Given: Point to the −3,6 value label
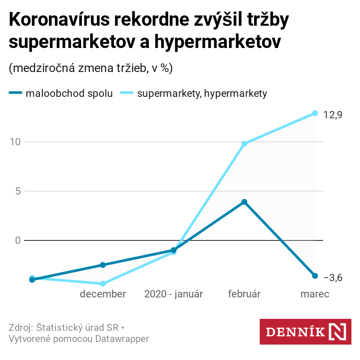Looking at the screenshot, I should click(333, 278).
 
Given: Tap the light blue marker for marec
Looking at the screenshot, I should click(315, 113).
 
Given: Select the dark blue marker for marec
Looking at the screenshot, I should click(315, 276).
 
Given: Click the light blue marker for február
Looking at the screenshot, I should click(244, 144).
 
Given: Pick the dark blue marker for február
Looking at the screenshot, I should click(244, 202).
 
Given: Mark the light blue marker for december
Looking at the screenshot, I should click(103, 284).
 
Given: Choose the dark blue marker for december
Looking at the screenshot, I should click(103, 265).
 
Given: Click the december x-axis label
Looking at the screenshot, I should click(103, 294).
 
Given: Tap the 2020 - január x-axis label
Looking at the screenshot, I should click(174, 294).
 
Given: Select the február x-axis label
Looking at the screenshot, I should click(244, 294).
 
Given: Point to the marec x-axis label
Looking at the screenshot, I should click(315, 294).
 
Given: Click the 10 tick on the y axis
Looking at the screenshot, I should click(15, 142).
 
